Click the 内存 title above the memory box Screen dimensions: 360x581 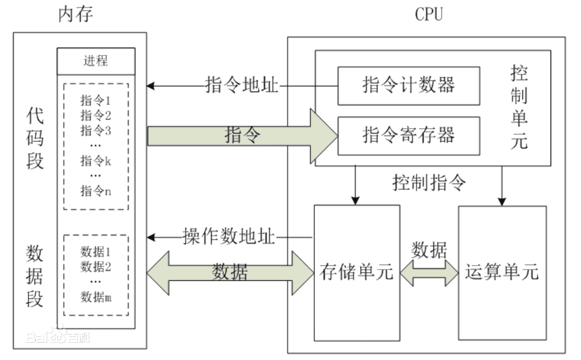click(x=76, y=14)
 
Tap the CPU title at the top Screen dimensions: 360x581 click(x=429, y=14)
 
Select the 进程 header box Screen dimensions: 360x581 click(x=96, y=61)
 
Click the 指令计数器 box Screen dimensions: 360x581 click(x=409, y=85)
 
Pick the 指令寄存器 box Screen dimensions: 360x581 click(x=409, y=135)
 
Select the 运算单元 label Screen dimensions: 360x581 click(x=502, y=272)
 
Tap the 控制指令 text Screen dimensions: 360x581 click(x=430, y=182)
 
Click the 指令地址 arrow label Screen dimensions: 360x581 click(x=242, y=85)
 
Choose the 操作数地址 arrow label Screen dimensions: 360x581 click(x=229, y=237)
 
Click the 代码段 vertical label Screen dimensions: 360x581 click(x=35, y=139)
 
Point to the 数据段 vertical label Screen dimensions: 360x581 click(x=35, y=276)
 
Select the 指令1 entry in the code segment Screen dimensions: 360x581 click(x=96, y=100)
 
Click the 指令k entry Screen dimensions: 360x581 click(x=96, y=161)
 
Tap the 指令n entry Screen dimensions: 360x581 click(x=96, y=191)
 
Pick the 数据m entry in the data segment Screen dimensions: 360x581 click(x=96, y=297)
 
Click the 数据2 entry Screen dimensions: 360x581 click(x=96, y=267)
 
